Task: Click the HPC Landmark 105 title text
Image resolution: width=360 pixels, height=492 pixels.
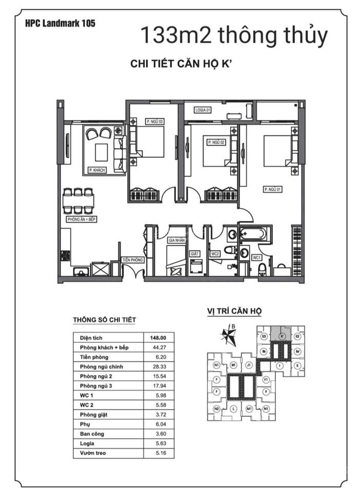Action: (x=59, y=23)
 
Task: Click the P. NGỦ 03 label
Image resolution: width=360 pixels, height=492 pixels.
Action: (x=154, y=121)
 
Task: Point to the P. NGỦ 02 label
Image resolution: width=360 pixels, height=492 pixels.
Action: (x=215, y=142)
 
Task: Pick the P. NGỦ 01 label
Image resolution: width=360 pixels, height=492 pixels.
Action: (x=273, y=189)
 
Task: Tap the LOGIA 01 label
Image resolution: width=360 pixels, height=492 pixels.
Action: (x=204, y=110)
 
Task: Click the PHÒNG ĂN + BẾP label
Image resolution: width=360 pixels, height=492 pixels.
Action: (x=82, y=219)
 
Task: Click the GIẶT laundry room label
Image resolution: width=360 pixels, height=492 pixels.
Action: (x=194, y=253)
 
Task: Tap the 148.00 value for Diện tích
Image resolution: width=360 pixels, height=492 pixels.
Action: (x=157, y=338)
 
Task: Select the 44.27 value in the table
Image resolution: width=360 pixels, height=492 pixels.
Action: (x=157, y=347)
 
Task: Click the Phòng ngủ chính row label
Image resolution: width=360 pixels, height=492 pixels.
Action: (x=102, y=367)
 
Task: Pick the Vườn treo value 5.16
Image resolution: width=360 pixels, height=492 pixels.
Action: (x=157, y=454)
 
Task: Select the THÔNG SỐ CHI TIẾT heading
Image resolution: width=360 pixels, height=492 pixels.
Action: (x=104, y=320)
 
